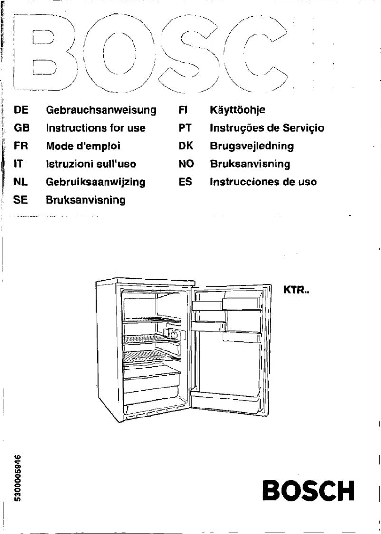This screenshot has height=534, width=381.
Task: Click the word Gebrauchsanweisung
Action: tap(101, 110)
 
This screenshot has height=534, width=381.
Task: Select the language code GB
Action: tap(22, 128)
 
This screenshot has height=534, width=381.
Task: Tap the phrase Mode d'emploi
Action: tap(83, 146)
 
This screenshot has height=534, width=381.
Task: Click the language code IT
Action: tap(19, 165)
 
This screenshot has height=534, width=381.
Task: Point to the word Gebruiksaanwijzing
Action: tap(95, 182)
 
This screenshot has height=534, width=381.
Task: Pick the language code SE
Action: tap(21, 200)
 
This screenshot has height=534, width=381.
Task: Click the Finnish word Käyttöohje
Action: tap(237, 110)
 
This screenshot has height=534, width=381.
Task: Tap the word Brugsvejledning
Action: tap(252, 146)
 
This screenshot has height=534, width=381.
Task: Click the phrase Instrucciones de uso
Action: tap(263, 182)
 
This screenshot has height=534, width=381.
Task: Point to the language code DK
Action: tap(185, 146)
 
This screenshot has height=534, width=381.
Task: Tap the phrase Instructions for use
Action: tap(95, 128)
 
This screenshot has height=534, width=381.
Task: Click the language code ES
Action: tap(185, 182)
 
